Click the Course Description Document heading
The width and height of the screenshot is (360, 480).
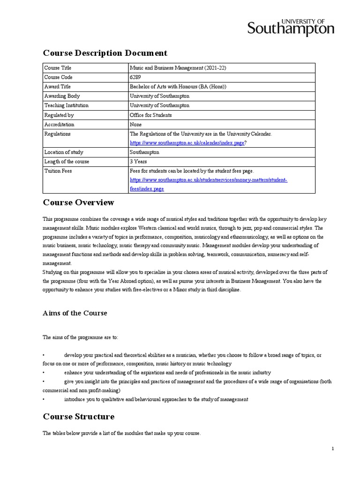105,53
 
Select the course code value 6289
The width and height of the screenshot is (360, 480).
135,77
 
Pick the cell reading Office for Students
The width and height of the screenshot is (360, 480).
150,115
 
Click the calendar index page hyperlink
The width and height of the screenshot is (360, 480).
187,143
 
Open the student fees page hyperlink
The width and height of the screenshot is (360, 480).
208,184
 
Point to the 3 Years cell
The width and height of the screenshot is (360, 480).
138,162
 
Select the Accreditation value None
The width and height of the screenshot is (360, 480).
135,125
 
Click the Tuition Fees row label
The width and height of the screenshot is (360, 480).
58,171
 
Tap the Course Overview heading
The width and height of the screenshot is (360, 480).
78,203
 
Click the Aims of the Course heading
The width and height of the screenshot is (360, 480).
75,313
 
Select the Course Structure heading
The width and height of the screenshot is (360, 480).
78,417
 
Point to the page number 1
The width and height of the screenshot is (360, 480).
332,449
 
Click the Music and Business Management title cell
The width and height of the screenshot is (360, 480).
178,68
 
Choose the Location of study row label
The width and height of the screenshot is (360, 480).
64,152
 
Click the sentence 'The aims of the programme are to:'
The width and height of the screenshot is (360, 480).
81,337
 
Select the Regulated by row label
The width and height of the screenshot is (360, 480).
59,115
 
